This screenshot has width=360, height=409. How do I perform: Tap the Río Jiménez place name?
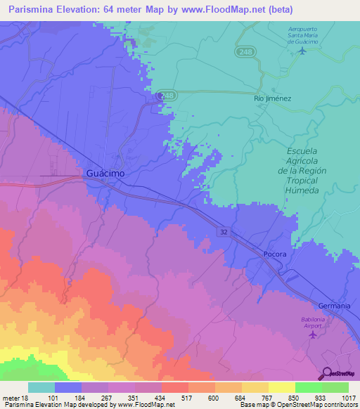pos(272,99)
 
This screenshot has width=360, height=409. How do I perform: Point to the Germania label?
pos(333,306)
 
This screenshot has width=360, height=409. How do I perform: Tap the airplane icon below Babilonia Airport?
pos(314,334)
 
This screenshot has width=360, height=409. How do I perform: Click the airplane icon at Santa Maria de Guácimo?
pos(303,50)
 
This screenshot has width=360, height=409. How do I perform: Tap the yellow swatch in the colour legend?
pos(281,387)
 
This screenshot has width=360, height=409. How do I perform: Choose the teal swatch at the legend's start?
pos(41,387)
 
